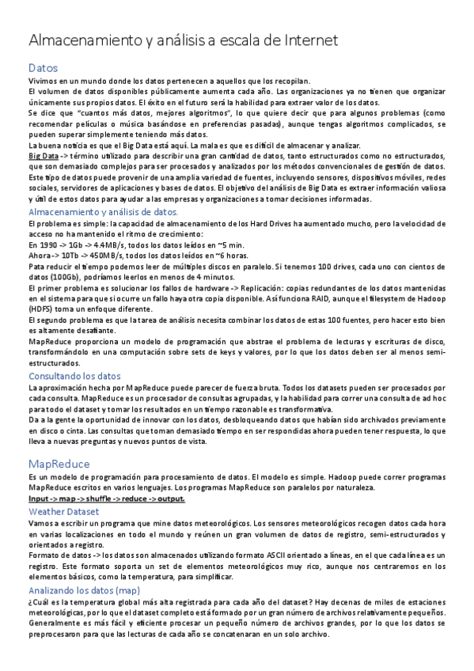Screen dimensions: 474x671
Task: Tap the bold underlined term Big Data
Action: pyautogui.click(x=44, y=157)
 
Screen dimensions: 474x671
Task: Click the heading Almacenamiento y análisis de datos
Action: pyautogui.click(x=103, y=213)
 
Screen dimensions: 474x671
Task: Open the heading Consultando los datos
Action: pyautogui.click(x=74, y=377)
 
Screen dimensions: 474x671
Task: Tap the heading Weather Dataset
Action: pyautogui.click(x=63, y=512)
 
